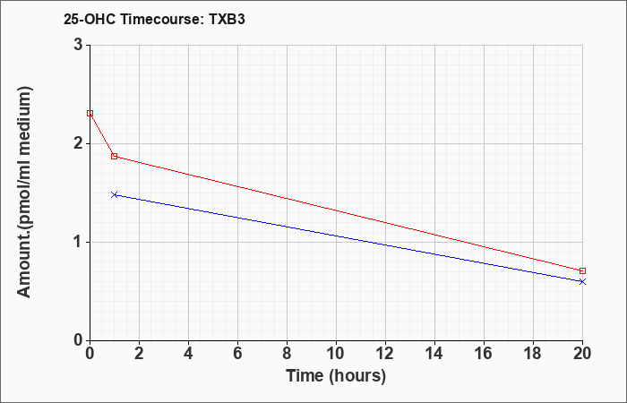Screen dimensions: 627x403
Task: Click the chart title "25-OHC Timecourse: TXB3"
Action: coord(154,19)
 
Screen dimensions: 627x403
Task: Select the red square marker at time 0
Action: coord(90,113)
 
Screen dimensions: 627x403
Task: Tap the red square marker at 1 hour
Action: coord(115,156)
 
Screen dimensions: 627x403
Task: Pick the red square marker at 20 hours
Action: coord(582,270)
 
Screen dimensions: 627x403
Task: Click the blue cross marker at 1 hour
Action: coord(115,194)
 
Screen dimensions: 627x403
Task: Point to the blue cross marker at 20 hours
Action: coord(582,281)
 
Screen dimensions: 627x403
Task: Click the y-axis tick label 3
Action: coord(78,45)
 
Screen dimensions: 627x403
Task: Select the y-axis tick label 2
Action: coord(78,143)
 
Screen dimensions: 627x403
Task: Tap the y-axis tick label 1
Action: coord(78,242)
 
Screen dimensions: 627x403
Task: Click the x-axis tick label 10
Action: coord(336,354)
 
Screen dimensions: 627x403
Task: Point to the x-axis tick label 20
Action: coord(582,354)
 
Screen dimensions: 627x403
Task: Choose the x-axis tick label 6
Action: coord(237,354)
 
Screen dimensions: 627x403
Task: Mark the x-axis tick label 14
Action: coord(434,354)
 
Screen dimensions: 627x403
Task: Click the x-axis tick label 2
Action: coord(139,354)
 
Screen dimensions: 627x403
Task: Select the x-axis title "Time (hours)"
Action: coord(336,376)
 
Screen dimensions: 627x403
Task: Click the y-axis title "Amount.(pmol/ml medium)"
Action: coord(25,192)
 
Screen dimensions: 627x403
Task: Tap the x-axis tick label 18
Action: coord(533,354)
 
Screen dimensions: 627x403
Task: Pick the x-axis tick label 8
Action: coord(287,354)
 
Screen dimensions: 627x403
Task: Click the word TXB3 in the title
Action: coord(227,19)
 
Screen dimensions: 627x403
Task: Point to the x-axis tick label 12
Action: coord(385,354)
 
